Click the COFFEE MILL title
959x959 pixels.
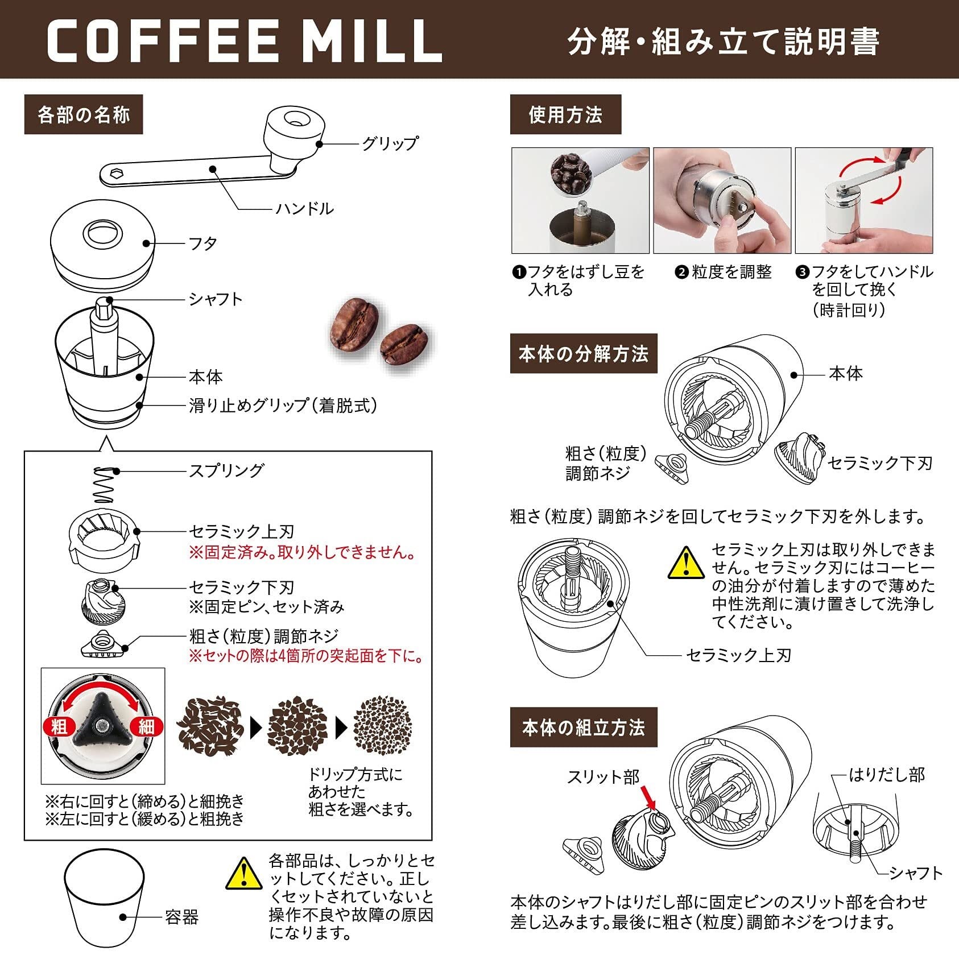point(245,42)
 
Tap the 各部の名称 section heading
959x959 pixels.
point(84,115)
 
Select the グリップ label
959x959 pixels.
point(390,143)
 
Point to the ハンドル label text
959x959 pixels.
point(305,209)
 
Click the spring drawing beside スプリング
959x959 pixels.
point(104,485)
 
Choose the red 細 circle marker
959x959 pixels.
point(146,726)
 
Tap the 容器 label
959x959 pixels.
point(182,917)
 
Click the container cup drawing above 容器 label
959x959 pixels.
point(104,899)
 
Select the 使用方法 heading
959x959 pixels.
point(565,115)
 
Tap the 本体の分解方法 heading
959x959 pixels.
point(584,354)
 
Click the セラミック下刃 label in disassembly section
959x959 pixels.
point(880,463)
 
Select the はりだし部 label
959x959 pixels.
point(887,775)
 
